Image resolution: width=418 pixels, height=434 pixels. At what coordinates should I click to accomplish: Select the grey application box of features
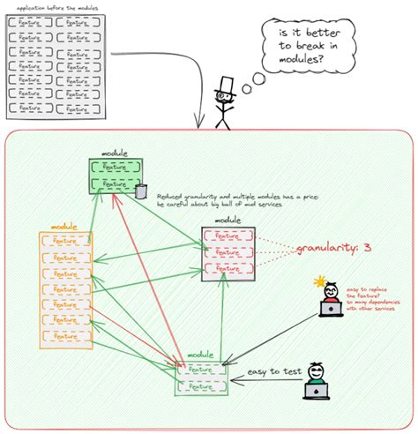point(55,65)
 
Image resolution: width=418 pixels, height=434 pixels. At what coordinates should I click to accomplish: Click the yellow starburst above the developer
point(319,282)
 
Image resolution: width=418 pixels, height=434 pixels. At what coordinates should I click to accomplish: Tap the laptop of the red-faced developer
point(332,309)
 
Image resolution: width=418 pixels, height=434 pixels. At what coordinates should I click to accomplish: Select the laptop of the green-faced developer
point(315,389)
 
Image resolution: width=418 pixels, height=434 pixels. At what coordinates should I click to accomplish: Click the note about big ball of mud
point(236,200)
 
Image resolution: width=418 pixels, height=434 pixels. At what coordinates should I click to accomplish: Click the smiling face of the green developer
point(315,371)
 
